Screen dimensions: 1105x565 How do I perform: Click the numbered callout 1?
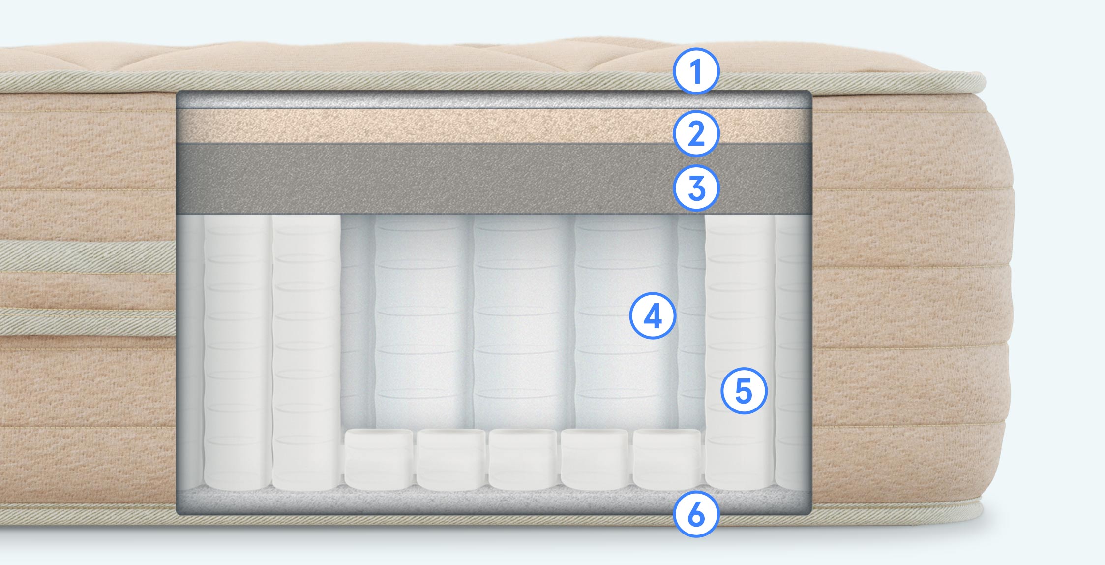pos(696,71)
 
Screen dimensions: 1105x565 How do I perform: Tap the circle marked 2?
pos(696,133)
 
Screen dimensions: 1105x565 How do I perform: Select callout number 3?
pos(696,188)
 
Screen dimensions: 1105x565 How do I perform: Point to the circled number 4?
pos(653,315)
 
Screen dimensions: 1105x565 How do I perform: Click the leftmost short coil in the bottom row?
pos(378,460)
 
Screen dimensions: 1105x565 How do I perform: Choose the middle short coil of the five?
pos(523,460)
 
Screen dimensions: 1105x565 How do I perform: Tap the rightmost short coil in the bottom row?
pos(667,460)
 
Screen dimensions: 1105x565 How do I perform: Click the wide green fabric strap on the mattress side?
pos(88,257)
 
